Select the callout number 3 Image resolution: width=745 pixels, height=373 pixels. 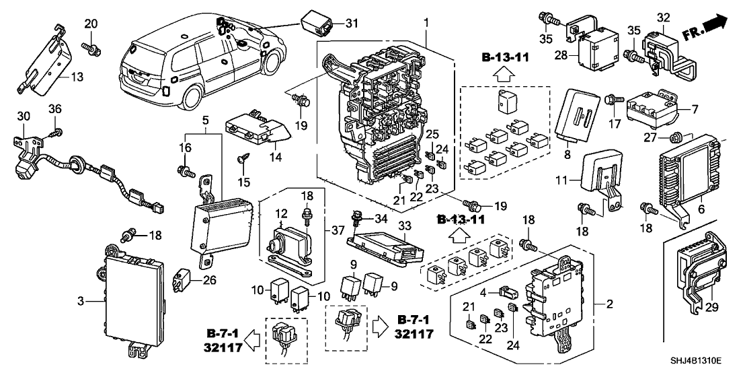(81, 301)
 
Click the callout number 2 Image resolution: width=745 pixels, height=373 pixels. (611, 304)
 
